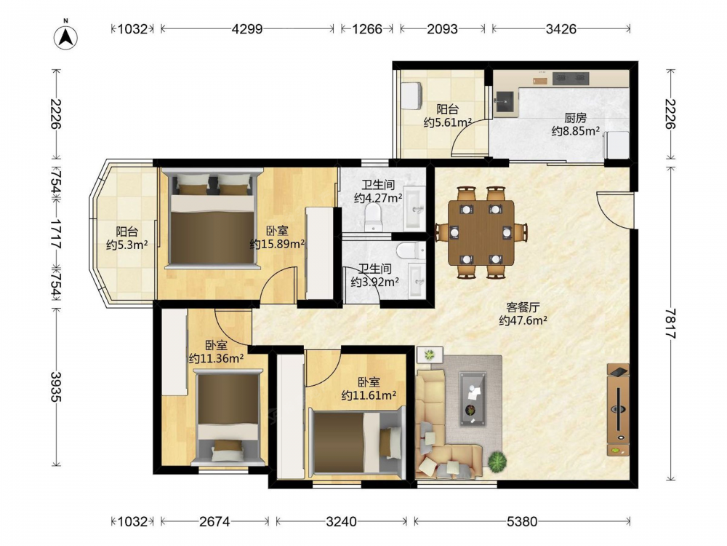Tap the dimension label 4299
247,29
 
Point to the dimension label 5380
522,521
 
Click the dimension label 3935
56,387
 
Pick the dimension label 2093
442,29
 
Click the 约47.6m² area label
523,320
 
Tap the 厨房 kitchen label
575,118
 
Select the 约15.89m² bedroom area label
277,244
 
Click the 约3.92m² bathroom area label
374,282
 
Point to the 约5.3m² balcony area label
126,244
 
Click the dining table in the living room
481,232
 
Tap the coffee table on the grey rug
473,398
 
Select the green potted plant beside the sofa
497,461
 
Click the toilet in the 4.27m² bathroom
372,218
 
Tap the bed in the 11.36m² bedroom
227,417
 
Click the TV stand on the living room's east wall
618,410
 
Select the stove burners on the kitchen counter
571,79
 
